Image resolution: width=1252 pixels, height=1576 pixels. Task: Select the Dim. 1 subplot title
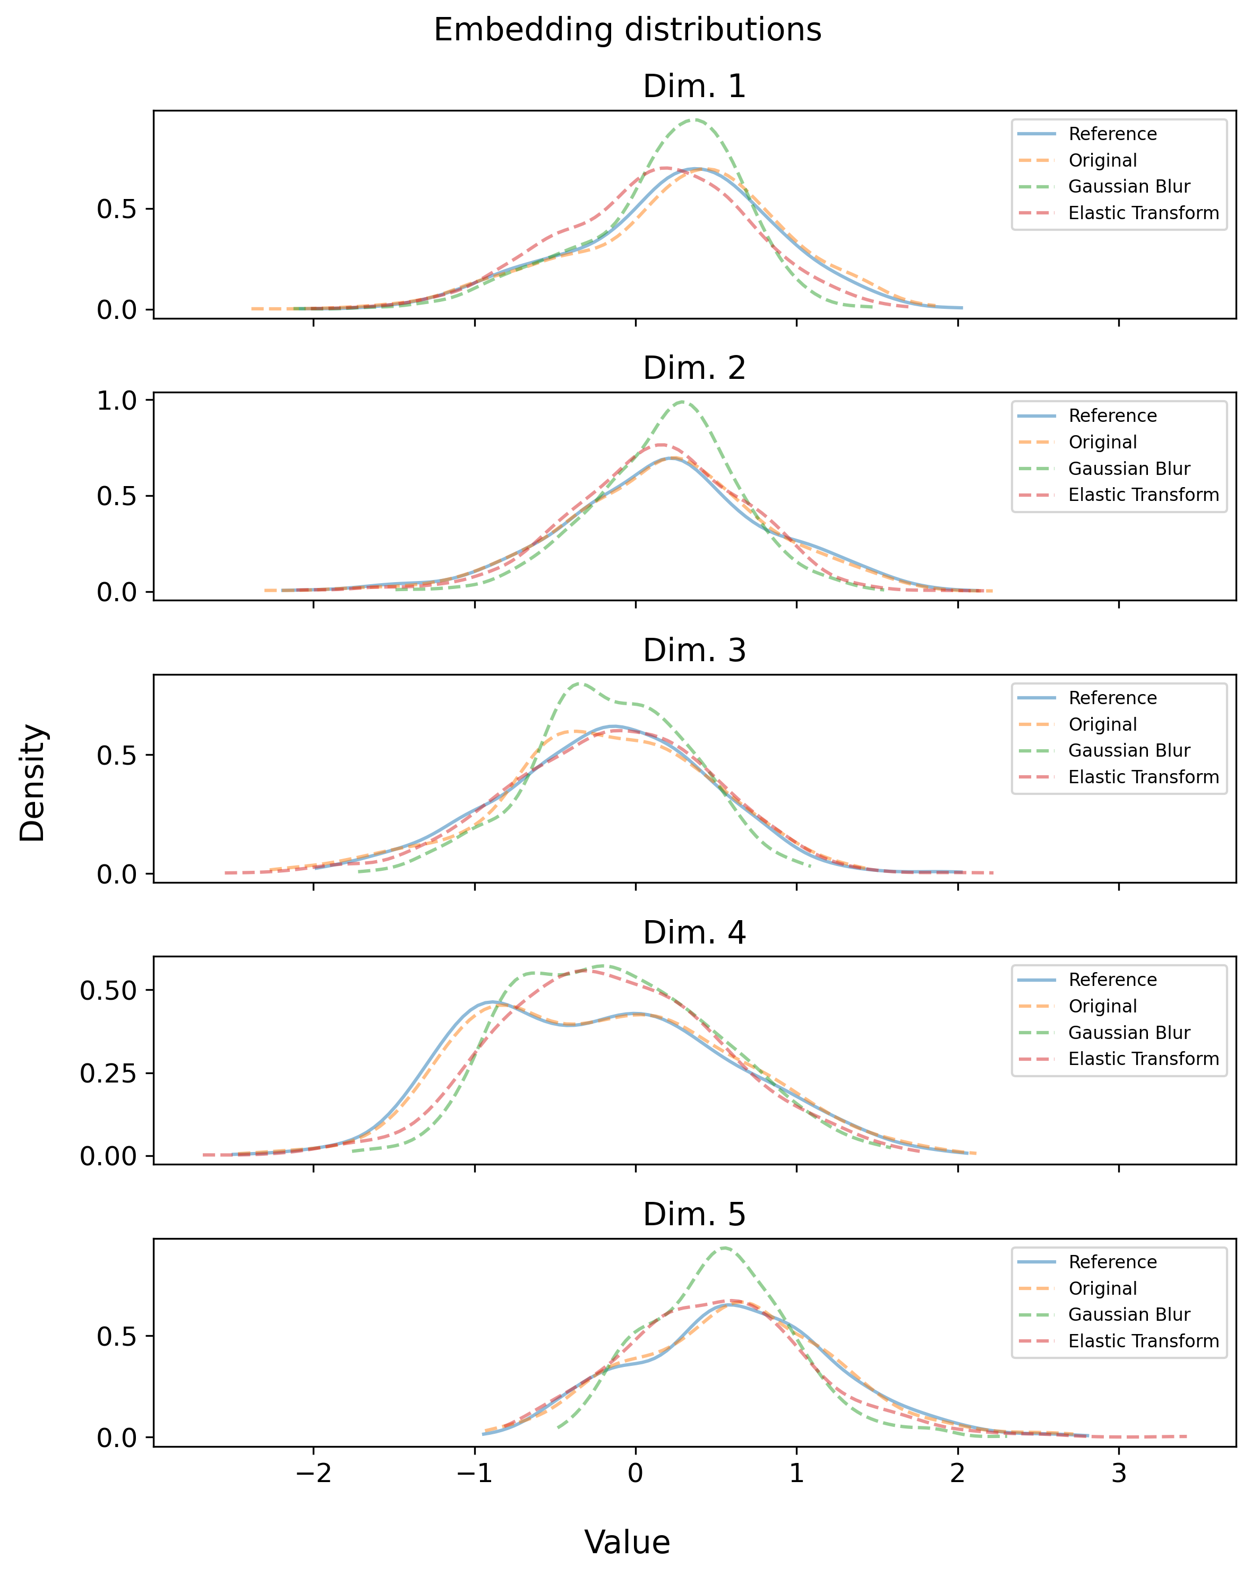tap(694, 87)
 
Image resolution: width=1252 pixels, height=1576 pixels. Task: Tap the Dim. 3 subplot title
tap(694, 651)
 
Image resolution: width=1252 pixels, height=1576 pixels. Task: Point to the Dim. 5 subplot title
tap(694, 1214)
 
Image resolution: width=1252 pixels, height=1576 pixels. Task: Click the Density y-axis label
tap(33, 782)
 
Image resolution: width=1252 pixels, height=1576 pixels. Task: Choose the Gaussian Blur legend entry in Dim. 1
tap(1128, 186)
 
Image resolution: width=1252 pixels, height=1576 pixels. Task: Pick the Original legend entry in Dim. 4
tap(1102, 1006)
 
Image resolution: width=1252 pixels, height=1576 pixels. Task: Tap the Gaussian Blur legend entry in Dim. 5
tap(1128, 1314)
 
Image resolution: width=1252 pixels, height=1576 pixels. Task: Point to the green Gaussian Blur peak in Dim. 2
tap(682, 401)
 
